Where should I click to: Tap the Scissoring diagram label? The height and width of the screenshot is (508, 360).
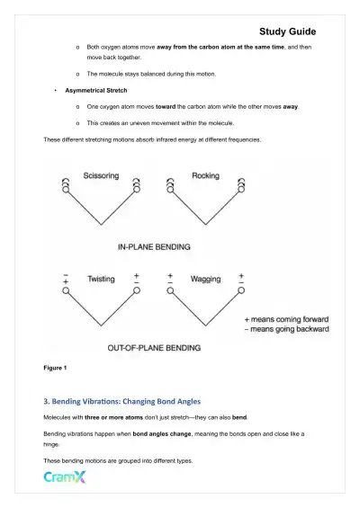[x=100, y=176]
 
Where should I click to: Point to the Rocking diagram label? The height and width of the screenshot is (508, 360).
[x=206, y=176]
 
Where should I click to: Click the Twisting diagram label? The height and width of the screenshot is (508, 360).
[x=101, y=280]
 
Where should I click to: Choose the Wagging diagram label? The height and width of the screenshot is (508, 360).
[x=205, y=280]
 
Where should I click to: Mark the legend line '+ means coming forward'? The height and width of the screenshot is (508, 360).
[x=287, y=319]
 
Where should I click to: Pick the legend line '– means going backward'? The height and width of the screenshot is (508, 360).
[x=287, y=330]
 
